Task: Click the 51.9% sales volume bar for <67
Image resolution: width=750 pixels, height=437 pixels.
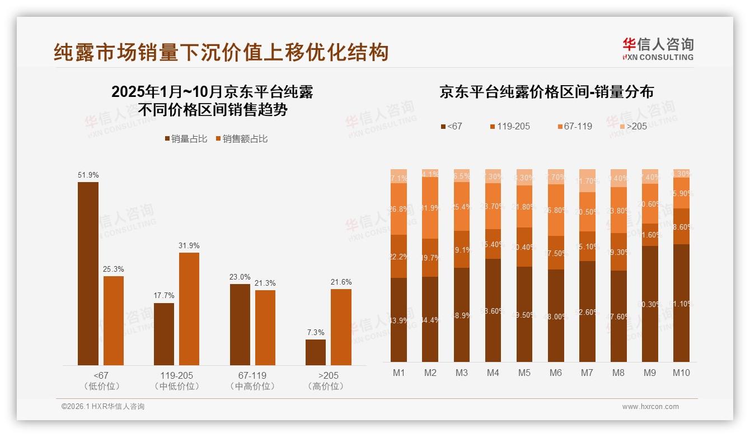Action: pos(88,273)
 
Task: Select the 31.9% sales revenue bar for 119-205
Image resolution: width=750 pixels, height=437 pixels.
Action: pos(189,309)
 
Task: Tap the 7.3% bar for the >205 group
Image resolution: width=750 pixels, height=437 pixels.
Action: pos(316,352)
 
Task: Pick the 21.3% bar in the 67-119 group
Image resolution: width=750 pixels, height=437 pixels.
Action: pos(265,328)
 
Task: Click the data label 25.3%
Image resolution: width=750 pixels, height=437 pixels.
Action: pos(113,269)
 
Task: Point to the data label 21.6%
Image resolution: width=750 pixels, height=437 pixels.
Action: pos(341,282)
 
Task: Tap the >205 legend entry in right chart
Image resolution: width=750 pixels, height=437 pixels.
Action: pos(632,127)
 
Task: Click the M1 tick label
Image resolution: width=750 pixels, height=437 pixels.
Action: pos(399,373)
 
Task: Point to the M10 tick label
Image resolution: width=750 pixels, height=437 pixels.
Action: pos(681,373)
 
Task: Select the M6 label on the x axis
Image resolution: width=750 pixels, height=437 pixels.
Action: pos(556,373)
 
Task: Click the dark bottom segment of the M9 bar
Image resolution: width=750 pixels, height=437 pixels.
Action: pos(650,304)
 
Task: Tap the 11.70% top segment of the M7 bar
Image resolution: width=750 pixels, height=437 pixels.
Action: pos(587,180)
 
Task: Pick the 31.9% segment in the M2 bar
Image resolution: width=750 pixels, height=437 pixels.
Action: pos(430,208)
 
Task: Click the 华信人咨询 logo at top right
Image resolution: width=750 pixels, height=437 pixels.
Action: pos(658,48)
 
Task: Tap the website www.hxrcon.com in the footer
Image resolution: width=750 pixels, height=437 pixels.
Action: pos(650,407)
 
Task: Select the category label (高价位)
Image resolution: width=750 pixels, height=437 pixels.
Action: pos(326,387)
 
